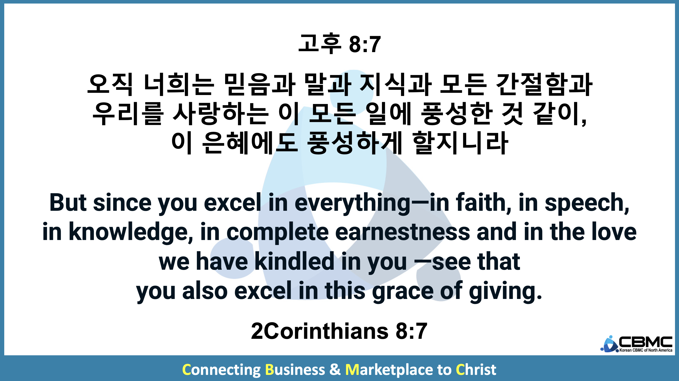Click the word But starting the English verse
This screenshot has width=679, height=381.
pos(68,203)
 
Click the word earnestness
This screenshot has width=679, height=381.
pos(403,232)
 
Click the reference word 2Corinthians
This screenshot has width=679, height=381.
pos(320,331)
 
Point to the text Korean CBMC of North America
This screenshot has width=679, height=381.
pos(646,350)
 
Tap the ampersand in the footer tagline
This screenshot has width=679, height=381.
pos(335,369)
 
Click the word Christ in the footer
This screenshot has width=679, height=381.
pos(476,369)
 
